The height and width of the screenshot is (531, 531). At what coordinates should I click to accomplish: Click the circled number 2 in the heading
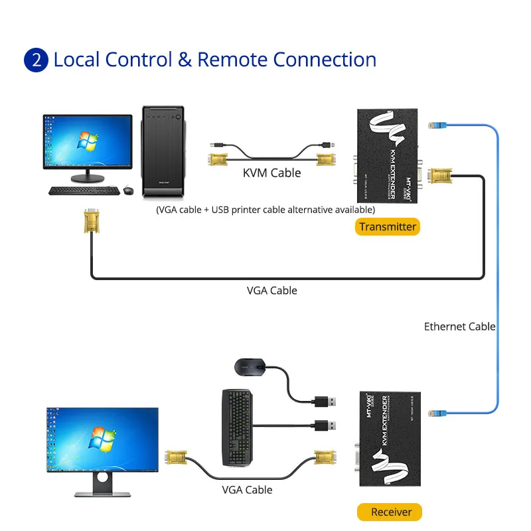pyautogui.click(x=36, y=60)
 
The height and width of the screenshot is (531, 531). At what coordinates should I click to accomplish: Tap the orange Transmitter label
pyautogui.click(x=388, y=226)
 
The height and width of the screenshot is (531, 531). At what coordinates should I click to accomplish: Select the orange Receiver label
pyautogui.click(x=391, y=512)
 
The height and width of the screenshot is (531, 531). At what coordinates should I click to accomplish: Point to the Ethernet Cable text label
pyautogui.click(x=460, y=326)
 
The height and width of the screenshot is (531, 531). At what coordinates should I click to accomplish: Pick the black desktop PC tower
pyautogui.click(x=163, y=151)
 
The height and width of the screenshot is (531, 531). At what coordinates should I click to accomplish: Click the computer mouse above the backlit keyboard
pyautogui.click(x=250, y=366)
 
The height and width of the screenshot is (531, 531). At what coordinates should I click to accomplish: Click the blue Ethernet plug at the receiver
pyautogui.click(x=439, y=413)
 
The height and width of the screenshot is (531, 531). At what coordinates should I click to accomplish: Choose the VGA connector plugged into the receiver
pyautogui.click(x=323, y=458)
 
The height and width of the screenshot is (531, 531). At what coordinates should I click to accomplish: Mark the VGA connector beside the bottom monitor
pyautogui.click(x=175, y=457)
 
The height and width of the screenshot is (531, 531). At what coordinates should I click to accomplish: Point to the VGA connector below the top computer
pyautogui.click(x=92, y=220)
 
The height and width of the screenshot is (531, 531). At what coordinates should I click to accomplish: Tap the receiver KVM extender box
pyautogui.click(x=389, y=445)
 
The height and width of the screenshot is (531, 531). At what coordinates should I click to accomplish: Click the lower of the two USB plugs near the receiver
pyautogui.click(x=325, y=425)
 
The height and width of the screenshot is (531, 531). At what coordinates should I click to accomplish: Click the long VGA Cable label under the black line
pyautogui.click(x=272, y=290)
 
